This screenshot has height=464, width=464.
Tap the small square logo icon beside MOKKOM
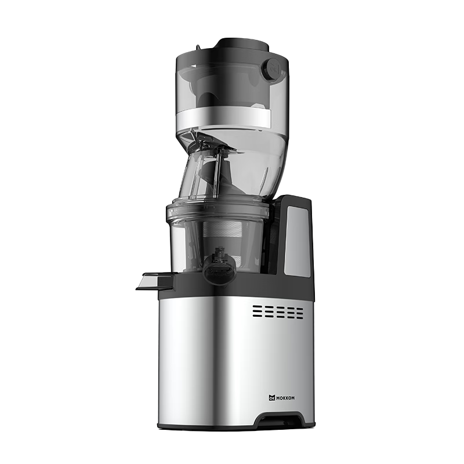click(x=272, y=398)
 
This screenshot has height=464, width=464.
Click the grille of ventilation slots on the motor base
click(x=278, y=312)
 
